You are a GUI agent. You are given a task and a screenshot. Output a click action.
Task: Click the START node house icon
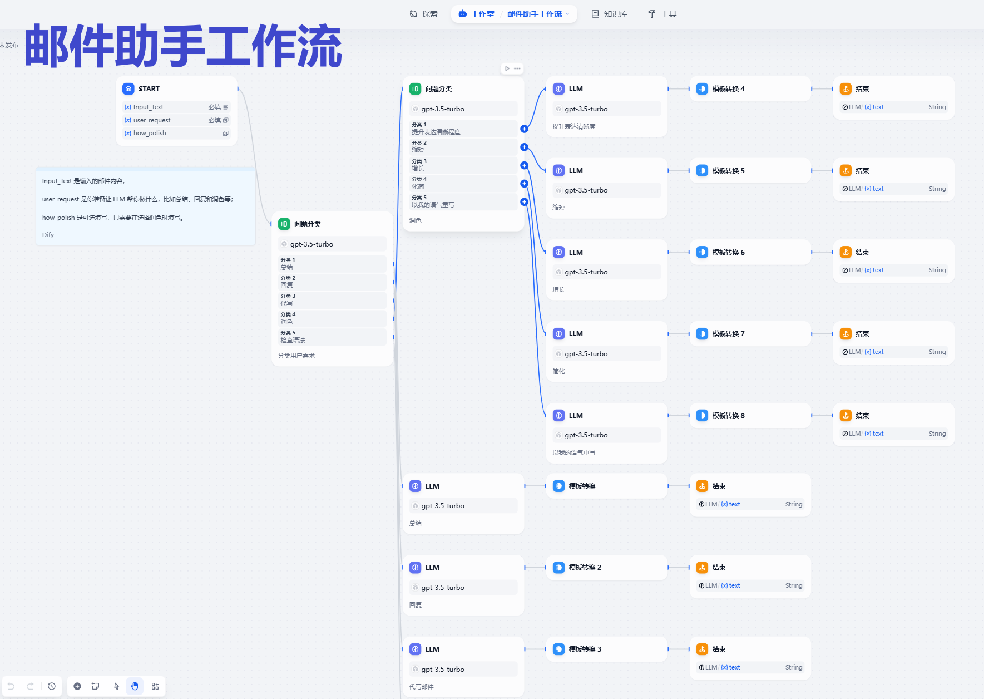coord(128,88)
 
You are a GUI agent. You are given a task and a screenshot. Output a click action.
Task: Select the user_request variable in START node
coord(152,120)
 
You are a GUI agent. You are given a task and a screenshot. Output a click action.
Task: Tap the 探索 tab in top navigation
coord(424,14)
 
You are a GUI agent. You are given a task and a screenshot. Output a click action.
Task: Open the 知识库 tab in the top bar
coord(610,14)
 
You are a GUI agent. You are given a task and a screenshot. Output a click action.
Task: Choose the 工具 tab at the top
coord(662,14)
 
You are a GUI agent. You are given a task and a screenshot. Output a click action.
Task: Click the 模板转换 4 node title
coord(728,88)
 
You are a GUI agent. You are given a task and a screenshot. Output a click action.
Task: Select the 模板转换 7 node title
coord(728,333)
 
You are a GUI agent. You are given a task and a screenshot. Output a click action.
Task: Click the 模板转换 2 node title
coord(585,567)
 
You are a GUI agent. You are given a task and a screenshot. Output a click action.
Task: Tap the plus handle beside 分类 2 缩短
coord(524,147)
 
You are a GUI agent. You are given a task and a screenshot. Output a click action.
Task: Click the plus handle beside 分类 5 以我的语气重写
coord(524,202)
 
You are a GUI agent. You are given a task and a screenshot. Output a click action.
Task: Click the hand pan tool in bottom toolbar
coord(135,686)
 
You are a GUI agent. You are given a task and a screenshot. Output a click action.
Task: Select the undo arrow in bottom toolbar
coord(11,686)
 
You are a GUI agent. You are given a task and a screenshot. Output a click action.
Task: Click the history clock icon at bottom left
coord(52,686)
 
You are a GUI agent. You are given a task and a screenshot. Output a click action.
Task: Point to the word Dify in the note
coord(48,235)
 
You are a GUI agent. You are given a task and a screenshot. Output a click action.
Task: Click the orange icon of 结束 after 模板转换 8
coord(845,415)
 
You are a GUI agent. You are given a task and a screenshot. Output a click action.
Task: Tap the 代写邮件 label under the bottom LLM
coord(421,687)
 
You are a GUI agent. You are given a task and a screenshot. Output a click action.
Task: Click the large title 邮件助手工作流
coord(183,46)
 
